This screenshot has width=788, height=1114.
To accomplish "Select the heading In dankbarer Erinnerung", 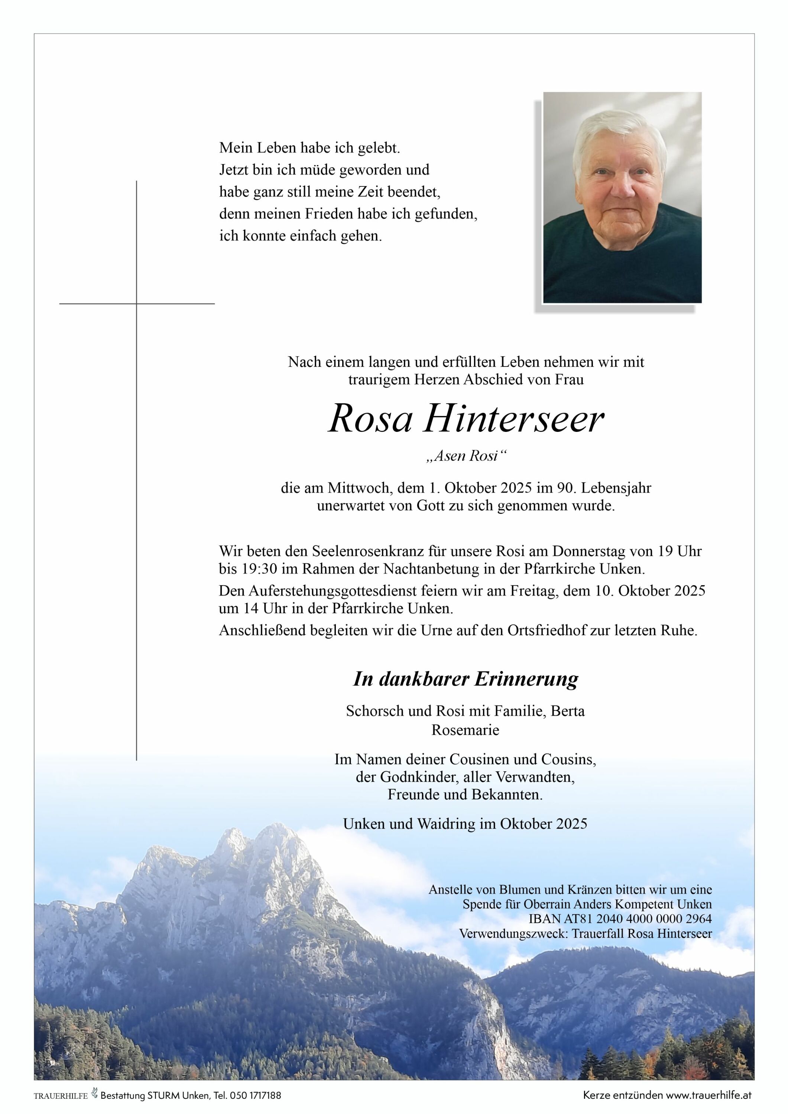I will [465, 679].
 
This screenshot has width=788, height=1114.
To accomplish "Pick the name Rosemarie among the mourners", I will [465, 730].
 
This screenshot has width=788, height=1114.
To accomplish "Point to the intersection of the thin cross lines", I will [136, 304].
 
